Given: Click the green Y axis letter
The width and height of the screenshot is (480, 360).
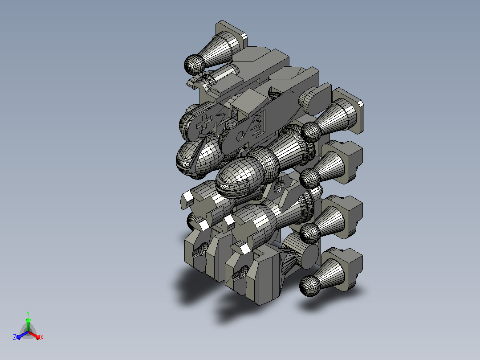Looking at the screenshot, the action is pos(28,313).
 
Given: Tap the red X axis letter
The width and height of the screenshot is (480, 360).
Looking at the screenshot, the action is pos(42,337).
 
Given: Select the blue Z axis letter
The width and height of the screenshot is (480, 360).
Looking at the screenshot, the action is pos(15,337).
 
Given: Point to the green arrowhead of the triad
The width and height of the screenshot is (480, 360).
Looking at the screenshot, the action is pos(28,320).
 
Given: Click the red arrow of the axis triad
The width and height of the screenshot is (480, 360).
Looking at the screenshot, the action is pos(34,335).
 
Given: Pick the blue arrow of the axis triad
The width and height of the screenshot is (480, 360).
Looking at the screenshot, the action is pos(22,335).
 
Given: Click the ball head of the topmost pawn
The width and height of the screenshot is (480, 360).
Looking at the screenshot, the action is pos(195,65).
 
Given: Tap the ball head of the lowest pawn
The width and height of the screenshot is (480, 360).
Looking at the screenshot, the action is pos(310,286).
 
